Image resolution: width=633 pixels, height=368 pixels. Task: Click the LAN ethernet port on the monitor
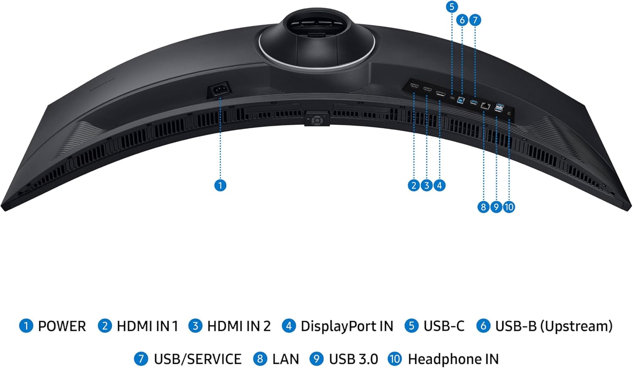click(484, 106)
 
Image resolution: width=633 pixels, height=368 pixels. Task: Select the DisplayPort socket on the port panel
click(440, 93)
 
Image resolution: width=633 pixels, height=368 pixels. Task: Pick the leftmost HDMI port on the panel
click(414, 86)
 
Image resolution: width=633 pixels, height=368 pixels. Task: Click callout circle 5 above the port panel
click(452, 7)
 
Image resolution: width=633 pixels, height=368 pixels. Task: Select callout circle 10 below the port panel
click(509, 207)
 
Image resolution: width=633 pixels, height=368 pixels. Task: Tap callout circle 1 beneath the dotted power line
click(220, 185)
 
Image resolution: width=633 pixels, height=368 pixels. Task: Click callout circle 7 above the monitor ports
click(475, 20)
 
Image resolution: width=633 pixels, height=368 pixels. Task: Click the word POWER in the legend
click(62, 326)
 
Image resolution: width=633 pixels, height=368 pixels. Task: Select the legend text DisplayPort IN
click(346, 326)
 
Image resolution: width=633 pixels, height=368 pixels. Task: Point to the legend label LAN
click(285, 359)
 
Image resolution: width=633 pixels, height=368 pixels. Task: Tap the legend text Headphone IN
click(453, 359)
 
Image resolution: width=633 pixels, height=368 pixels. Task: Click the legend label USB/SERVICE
click(197, 359)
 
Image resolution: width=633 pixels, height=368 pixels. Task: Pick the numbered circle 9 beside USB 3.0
click(316, 359)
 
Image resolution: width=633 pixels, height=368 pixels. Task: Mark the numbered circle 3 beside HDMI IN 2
click(195, 326)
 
